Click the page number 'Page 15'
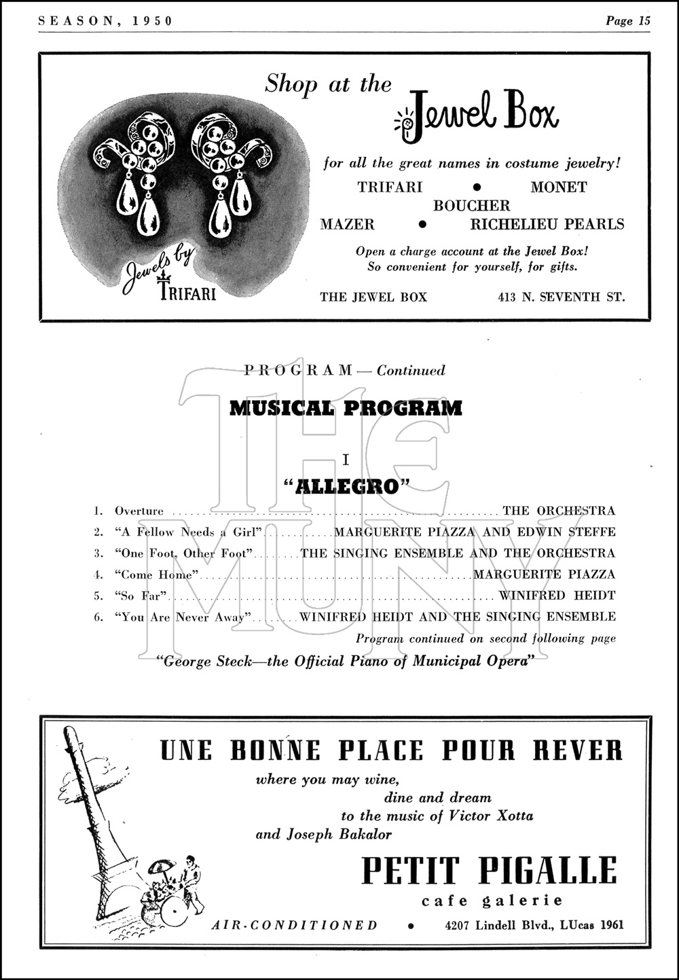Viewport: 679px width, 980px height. pyautogui.click(x=627, y=20)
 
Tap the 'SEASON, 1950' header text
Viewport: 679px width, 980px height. pyautogui.click(x=105, y=20)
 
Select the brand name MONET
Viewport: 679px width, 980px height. pyautogui.click(x=558, y=187)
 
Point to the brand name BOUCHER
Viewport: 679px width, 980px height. pyautogui.click(x=471, y=205)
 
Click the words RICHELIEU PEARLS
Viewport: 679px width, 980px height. pyautogui.click(x=547, y=224)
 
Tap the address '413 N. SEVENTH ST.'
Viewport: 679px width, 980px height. pyautogui.click(x=560, y=297)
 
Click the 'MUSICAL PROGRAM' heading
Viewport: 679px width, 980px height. pyautogui.click(x=346, y=408)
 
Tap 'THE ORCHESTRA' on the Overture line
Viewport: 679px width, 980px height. pyautogui.click(x=558, y=511)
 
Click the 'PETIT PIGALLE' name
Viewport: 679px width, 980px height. pyautogui.click(x=489, y=871)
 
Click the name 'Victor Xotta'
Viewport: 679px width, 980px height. pyautogui.click(x=491, y=816)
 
